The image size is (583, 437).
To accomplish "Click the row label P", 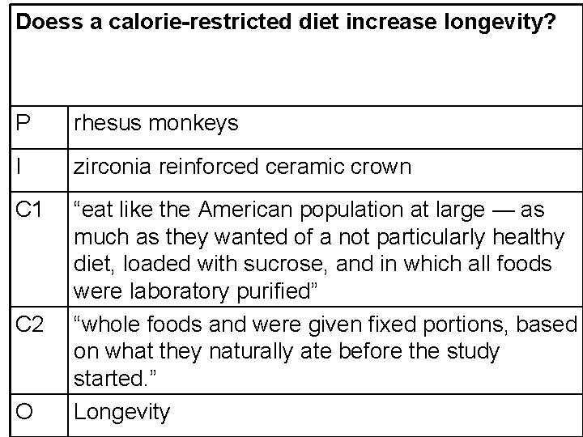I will tap(24, 123).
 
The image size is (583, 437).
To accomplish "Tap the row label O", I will tap(26, 412).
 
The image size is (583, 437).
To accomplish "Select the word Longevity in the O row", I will tap(122, 412).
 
